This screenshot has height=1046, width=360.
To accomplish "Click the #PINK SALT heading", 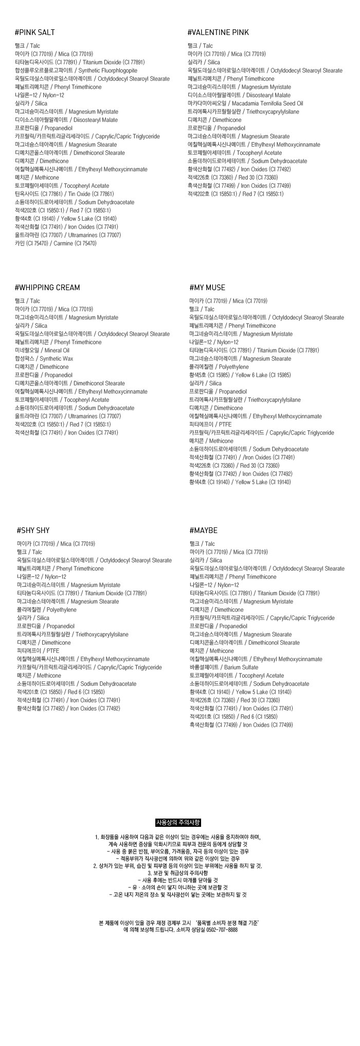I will pyautogui.click(x=35, y=32).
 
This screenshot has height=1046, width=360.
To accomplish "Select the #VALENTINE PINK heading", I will pyautogui.click(x=218, y=32).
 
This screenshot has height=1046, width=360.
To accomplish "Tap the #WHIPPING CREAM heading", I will pyautogui.click(x=47, y=288).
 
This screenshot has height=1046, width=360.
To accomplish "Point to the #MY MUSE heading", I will pyautogui.click(x=207, y=288).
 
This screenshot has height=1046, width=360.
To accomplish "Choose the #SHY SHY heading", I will pyautogui.click(x=33, y=530).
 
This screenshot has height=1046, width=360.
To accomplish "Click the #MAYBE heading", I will pyautogui.click(x=204, y=530).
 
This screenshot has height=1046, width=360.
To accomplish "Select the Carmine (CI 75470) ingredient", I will pyautogui.click(x=75, y=243).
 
